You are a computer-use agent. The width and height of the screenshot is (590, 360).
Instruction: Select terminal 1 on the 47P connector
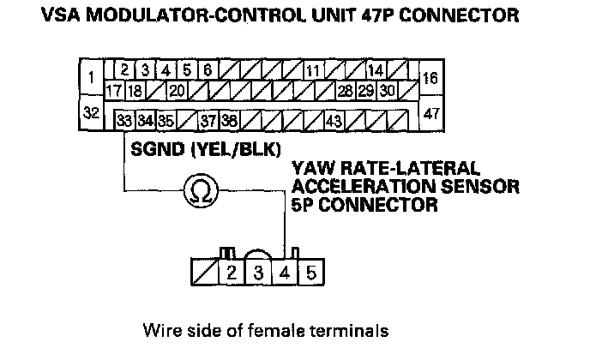(x=91, y=79)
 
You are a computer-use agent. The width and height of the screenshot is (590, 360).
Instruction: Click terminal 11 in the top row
(x=313, y=70)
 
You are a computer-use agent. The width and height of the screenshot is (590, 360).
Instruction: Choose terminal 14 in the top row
(x=375, y=70)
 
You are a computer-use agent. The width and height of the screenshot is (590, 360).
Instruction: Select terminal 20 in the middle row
(x=177, y=90)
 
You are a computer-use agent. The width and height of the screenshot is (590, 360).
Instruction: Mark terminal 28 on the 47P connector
(x=345, y=90)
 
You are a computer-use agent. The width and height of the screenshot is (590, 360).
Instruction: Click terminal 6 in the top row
(x=208, y=70)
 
